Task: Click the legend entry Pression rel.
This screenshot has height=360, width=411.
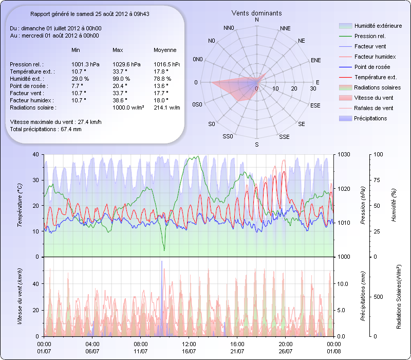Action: (x=370, y=36)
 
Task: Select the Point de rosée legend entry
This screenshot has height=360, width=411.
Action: (x=372, y=67)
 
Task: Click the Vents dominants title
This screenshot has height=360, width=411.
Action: (x=256, y=12)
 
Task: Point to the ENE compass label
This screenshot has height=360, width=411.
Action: (x=316, y=60)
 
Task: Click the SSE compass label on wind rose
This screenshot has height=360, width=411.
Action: (x=284, y=137)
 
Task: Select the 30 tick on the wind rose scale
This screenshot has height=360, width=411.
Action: (x=313, y=89)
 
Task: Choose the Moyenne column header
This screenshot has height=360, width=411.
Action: (x=165, y=50)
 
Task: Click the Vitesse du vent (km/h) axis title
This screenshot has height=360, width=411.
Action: (x=20, y=296)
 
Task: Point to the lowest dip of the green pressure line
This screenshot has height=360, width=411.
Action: (x=164, y=250)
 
